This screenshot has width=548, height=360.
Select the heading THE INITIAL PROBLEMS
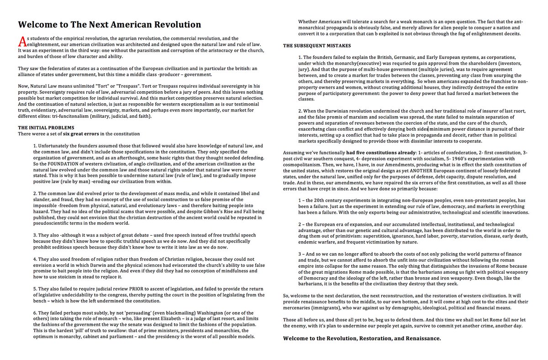click(x=46, y=127)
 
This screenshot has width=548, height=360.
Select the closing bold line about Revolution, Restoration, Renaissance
click(x=362, y=339)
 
